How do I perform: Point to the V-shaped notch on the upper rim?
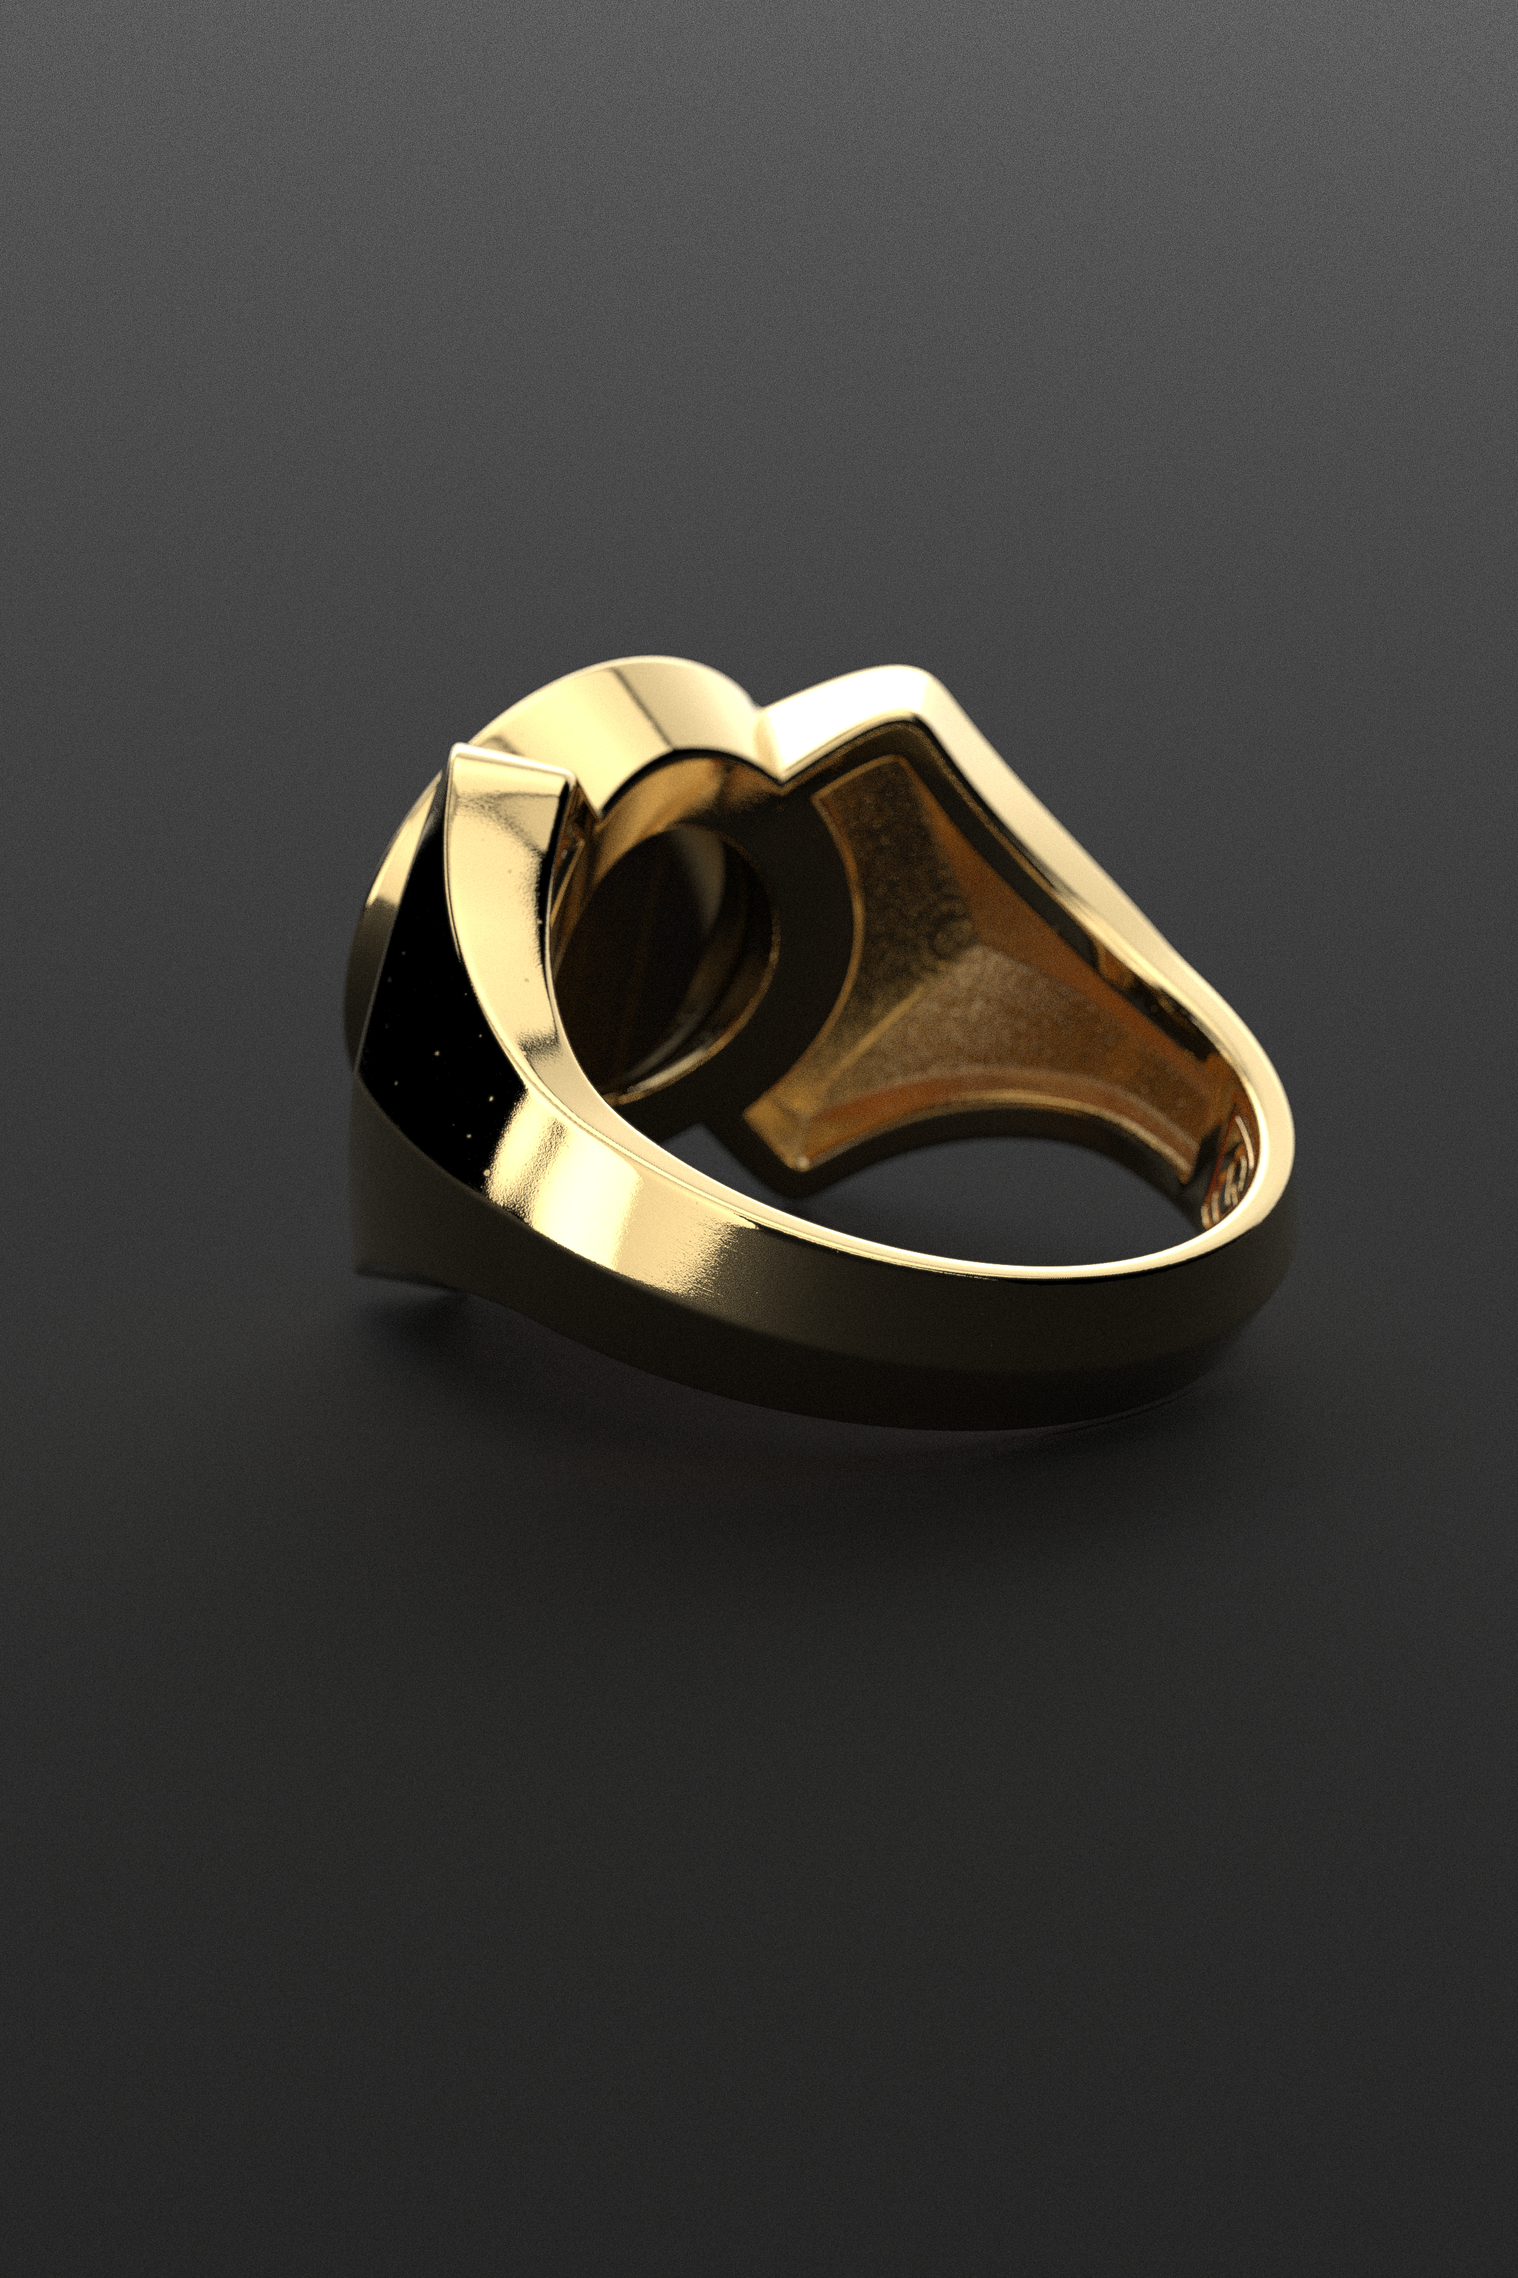tap(760, 721)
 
